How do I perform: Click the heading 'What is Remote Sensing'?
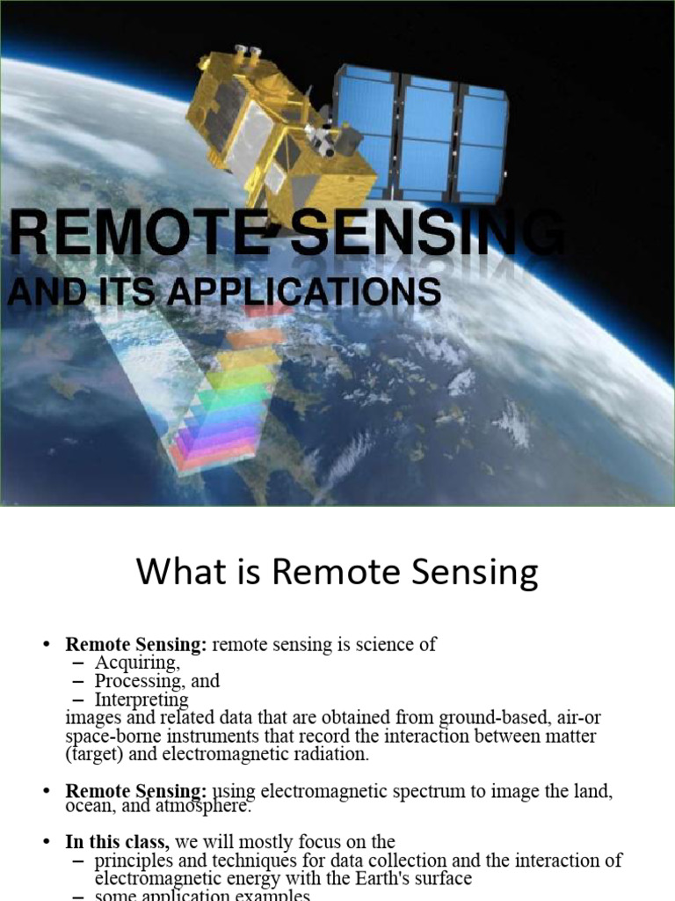point(337,573)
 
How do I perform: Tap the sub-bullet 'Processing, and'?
point(157,682)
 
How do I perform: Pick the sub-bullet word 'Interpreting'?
point(142,700)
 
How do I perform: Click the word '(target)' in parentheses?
point(94,754)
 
